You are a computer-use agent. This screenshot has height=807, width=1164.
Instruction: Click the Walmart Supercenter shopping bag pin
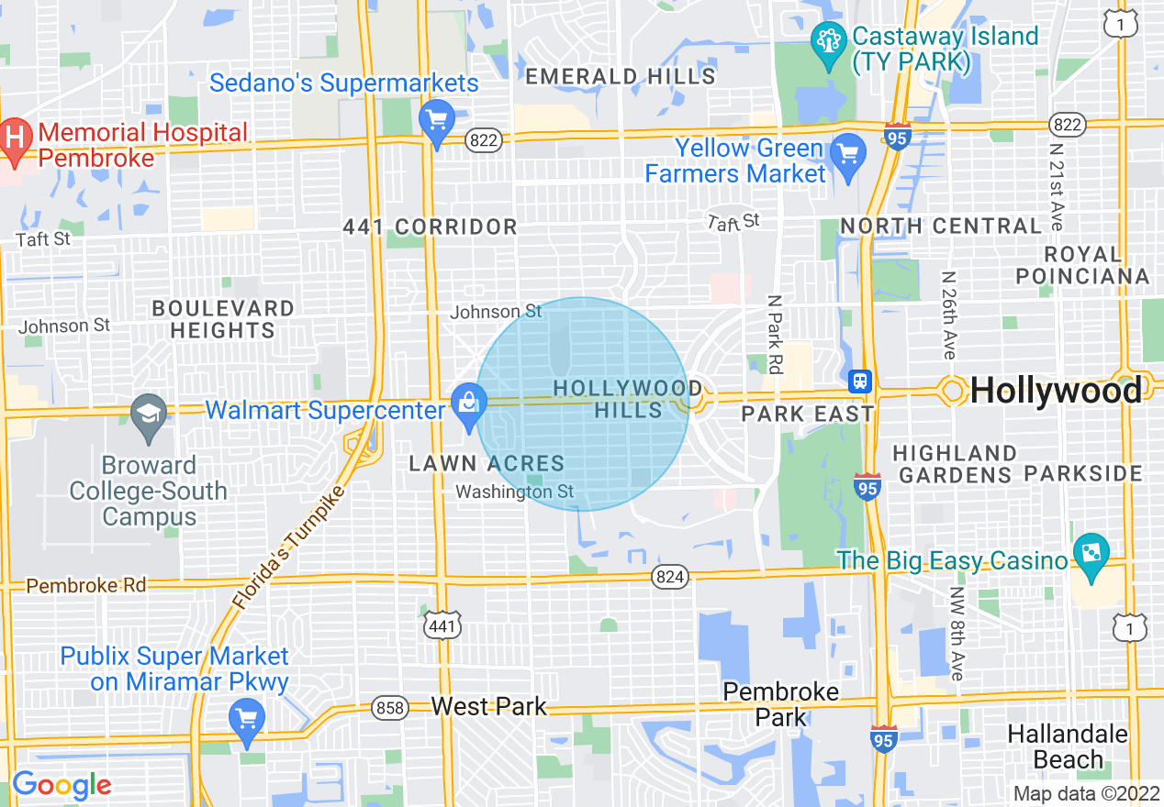tap(469, 403)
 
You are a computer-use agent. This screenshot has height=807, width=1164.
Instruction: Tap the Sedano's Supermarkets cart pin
tap(435, 120)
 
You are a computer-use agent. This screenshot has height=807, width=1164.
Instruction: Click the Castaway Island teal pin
tap(829, 43)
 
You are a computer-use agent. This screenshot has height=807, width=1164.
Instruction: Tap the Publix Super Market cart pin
tap(246, 718)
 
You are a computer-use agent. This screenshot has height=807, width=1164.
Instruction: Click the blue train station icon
tap(860, 380)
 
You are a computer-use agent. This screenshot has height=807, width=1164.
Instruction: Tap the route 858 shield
tap(390, 708)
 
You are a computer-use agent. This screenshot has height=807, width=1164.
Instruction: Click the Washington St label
tap(514, 492)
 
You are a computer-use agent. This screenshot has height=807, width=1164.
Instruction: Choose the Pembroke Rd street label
tap(73, 585)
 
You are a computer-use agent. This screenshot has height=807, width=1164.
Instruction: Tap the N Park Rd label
tap(774, 334)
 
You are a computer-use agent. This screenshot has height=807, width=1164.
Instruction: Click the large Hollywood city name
tap(1056, 392)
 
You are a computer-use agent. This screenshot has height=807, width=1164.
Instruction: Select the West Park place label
tap(488, 706)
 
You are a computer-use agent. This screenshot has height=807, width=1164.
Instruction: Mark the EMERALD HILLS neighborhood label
tap(620, 76)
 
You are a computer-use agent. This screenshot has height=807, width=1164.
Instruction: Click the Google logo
tap(61, 786)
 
